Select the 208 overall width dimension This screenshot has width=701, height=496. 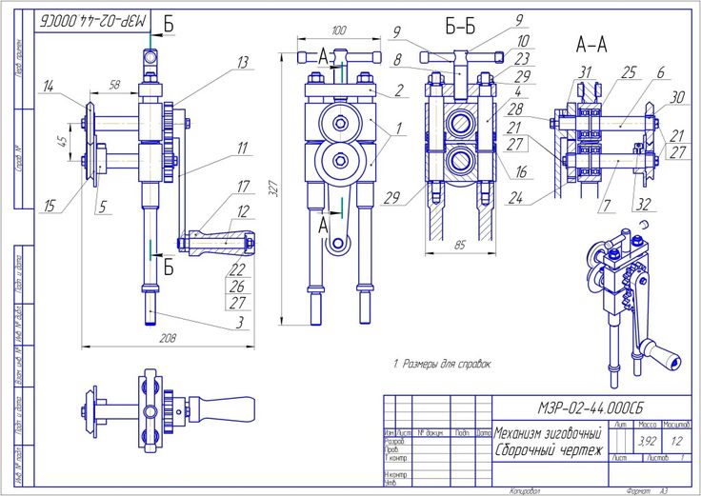pos(168,337)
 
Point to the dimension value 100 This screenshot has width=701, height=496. pos(338,30)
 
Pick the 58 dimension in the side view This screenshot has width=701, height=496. pos(115,87)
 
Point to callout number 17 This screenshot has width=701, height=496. pos(244,188)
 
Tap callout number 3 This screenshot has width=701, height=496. pos(239,323)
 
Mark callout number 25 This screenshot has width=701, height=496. pos(629,71)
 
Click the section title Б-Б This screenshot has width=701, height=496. pos(460,27)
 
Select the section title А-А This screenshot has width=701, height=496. pos(591,43)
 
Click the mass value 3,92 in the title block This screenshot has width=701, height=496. pos(646,441)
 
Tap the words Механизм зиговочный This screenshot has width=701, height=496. pos(548,433)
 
